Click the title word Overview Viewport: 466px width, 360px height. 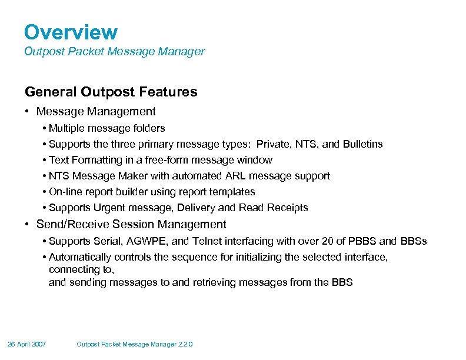[71, 32]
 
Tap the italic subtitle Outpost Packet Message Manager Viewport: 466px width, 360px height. [114, 51]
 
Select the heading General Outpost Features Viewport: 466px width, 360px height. [111, 92]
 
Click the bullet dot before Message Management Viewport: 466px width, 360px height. [28, 112]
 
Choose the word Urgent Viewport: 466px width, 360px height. [107, 207]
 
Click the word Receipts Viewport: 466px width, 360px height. [288, 207]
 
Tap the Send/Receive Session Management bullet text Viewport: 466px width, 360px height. [131, 224]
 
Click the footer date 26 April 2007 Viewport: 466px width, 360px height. [27, 344]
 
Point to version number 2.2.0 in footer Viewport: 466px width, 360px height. [184, 344]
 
